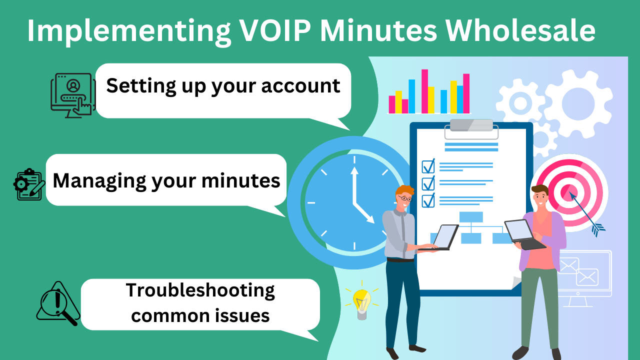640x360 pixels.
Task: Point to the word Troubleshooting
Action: click(x=200, y=290)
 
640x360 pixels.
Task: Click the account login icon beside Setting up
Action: click(x=73, y=95)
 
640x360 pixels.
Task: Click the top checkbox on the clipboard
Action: click(x=428, y=166)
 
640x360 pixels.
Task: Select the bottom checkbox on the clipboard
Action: click(x=428, y=200)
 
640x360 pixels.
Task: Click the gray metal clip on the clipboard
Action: click(x=471, y=126)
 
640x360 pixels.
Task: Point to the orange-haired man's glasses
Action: click(x=405, y=199)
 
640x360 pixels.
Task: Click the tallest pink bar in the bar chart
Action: click(x=424, y=91)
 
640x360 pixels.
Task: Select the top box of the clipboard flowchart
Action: click(x=471, y=217)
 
